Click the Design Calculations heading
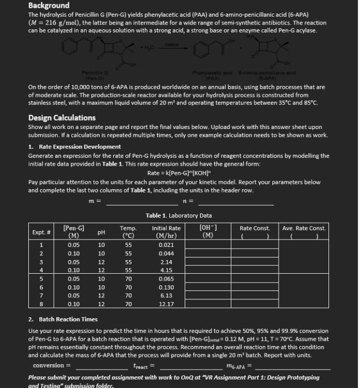[x=62, y=118]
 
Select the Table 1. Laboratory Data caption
[x=179, y=215]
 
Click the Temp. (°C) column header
[x=128, y=231]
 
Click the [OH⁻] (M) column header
[x=209, y=231]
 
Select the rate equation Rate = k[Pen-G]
[x=179, y=173]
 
